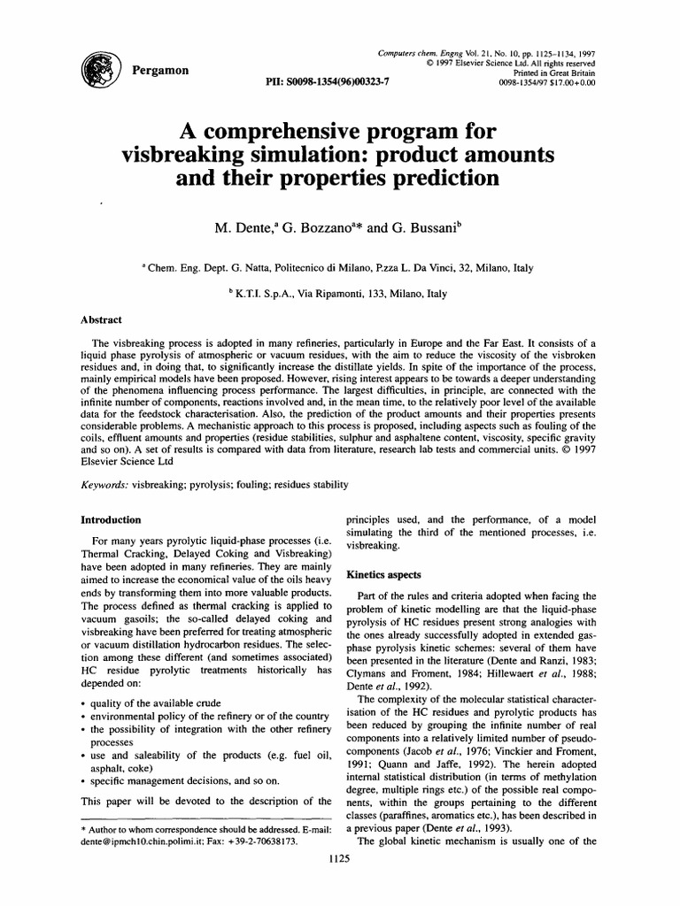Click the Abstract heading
tap(102, 319)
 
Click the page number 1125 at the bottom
tap(340, 882)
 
